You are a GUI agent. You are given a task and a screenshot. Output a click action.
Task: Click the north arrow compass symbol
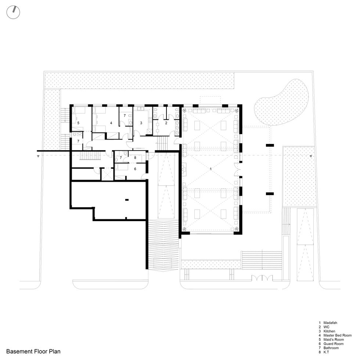pyautogui.click(x=13, y=12)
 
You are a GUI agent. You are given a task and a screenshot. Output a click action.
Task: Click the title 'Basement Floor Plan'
pyautogui.click(x=33, y=351)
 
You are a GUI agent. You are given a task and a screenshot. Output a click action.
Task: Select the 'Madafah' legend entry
pyautogui.click(x=328, y=323)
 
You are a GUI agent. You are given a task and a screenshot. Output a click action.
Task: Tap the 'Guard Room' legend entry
pyautogui.click(x=331, y=344)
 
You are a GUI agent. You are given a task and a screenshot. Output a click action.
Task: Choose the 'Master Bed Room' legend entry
pyautogui.click(x=335, y=335)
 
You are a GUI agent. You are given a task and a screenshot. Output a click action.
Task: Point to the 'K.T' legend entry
pyautogui.click(x=324, y=352)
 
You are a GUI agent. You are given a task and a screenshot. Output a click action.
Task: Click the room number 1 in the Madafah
pyautogui.click(x=210, y=169)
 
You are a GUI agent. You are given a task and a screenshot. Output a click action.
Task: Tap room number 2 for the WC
pyautogui.click(x=166, y=123)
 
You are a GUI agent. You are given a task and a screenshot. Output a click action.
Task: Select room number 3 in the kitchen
pyautogui.click(x=141, y=123)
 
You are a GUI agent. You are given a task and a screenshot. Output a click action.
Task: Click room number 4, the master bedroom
pyautogui.click(x=111, y=123)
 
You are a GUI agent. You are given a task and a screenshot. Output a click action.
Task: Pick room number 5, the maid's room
pyautogui.click(x=78, y=123)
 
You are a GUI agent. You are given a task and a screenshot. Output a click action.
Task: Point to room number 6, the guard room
pyautogui.click(x=135, y=169)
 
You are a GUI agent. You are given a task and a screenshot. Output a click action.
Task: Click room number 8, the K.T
pyautogui.click(x=135, y=158)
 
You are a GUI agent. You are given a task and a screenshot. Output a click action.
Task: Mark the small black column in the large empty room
pyautogui.click(x=127, y=200)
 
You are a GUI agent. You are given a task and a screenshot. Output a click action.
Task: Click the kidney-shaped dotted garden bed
pyautogui.click(x=281, y=102)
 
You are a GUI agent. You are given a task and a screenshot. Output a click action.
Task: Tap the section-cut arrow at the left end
pyautogui.click(x=38, y=156)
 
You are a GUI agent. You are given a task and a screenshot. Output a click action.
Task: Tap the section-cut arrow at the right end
pyautogui.click(x=311, y=156)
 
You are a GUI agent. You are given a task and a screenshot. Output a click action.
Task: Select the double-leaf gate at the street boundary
pyautogui.click(x=262, y=278)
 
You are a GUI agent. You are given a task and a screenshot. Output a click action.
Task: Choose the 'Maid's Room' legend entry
pyautogui.click(x=331, y=339)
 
